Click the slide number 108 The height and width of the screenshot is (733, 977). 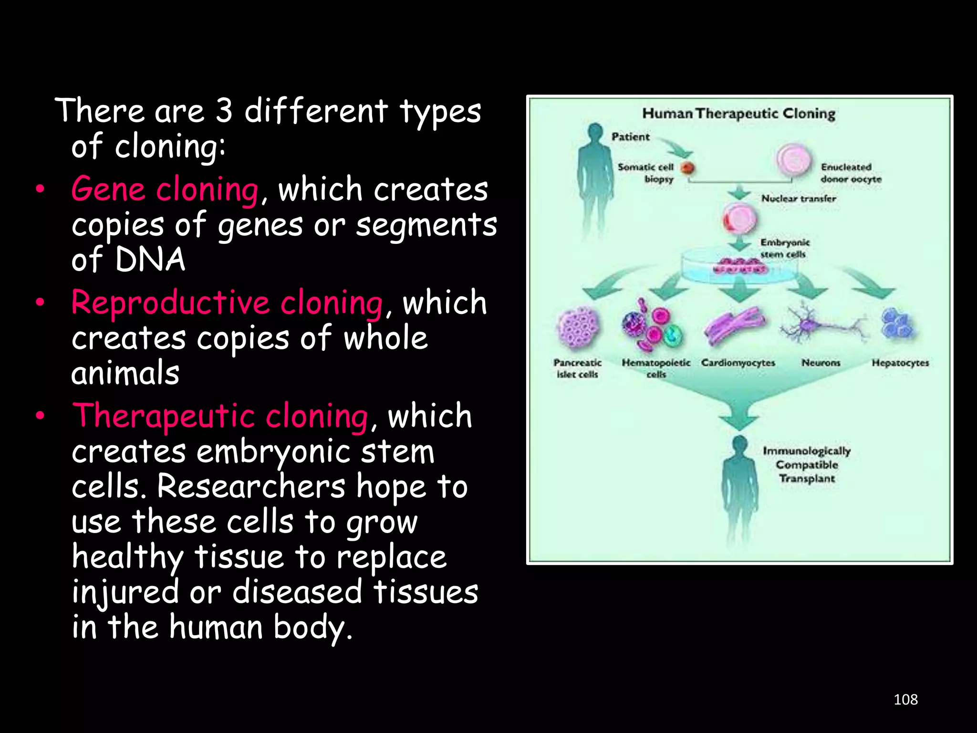point(905,700)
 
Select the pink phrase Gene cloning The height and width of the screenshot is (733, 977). point(165,189)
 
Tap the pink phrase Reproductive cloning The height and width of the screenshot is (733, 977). point(227,303)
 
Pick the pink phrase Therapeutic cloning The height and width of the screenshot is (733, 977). point(220,416)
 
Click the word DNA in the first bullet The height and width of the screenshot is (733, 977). point(150,260)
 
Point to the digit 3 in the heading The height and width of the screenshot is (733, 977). point(224,111)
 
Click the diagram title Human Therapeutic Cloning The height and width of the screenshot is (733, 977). point(738,114)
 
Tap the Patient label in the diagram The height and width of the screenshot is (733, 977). point(631,137)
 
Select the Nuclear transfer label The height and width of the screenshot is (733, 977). point(799,199)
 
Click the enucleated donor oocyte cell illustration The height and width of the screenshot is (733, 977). point(793,160)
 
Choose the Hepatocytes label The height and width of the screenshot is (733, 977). point(900,363)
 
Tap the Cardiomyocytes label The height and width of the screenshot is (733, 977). point(738,363)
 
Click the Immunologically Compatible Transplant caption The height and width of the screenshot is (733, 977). point(807,464)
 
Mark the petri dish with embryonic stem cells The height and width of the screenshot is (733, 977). point(739,265)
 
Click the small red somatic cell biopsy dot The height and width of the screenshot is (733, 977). point(687,168)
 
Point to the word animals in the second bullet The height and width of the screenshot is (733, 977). point(125,373)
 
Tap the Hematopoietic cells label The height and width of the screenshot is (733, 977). point(656,368)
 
